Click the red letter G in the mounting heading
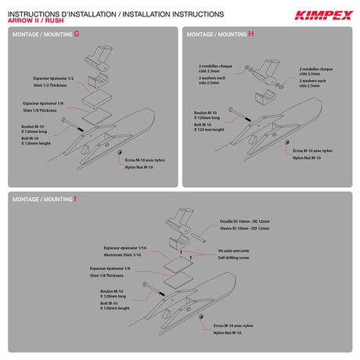[x=76, y=34]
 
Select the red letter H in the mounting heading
[x=252, y=34]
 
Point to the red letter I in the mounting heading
[x=76, y=200]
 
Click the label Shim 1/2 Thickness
[x=51, y=87]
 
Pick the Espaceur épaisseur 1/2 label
[x=54, y=79]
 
